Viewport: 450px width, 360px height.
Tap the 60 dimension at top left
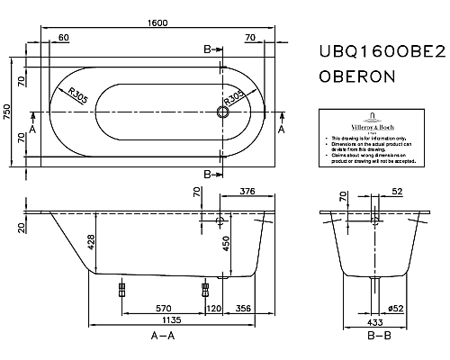click(x=63, y=38)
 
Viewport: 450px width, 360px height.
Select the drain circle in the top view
click(x=221, y=112)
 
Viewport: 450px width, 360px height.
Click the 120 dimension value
click(x=214, y=308)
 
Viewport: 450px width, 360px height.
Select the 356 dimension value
click(x=242, y=308)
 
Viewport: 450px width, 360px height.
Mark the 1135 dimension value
click(x=168, y=320)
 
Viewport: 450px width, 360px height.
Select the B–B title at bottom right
click(x=378, y=336)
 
